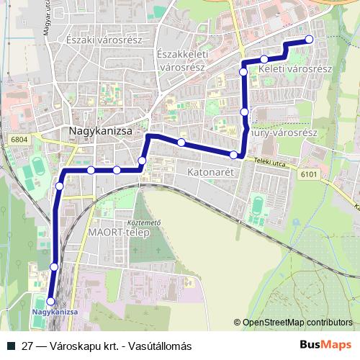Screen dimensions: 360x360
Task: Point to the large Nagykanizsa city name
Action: pyautogui.click(x=99, y=132)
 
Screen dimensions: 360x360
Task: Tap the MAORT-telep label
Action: pyautogui.click(x=117, y=233)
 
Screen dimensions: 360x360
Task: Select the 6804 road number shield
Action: pyautogui.click(x=19, y=138)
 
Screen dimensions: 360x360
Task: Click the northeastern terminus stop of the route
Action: pyautogui.click(x=310, y=40)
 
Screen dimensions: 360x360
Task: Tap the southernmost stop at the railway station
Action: pyautogui.click(x=50, y=301)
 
